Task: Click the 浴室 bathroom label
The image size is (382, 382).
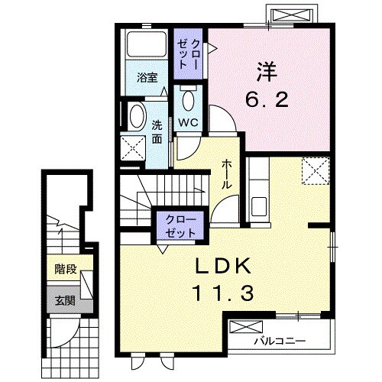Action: click(147, 78)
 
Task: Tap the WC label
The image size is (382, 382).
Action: click(188, 123)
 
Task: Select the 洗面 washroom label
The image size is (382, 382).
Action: click(157, 132)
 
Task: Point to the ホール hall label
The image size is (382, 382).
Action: click(226, 175)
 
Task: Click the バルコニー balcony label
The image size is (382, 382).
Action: click(280, 341)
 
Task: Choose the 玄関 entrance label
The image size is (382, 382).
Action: click(65, 301)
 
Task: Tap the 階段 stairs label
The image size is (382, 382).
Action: click(66, 269)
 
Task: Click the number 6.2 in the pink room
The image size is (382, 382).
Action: click(267, 99)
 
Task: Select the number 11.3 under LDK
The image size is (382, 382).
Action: click(224, 293)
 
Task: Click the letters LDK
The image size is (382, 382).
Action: click(223, 266)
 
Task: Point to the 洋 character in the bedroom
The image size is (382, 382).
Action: click(267, 72)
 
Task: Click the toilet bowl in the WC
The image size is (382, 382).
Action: click(189, 101)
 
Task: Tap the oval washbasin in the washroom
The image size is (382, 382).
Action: click(137, 116)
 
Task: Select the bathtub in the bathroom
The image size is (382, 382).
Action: click(147, 44)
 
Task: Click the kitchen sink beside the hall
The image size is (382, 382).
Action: click(259, 206)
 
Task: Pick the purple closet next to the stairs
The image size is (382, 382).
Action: click(180, 225)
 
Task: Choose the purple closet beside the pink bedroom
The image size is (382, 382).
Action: click(188, 53)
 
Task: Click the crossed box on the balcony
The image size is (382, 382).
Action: click(246, 327)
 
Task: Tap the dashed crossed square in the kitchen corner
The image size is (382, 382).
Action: click(316, 170)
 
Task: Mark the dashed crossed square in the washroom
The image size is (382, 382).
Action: click(133, 148)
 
